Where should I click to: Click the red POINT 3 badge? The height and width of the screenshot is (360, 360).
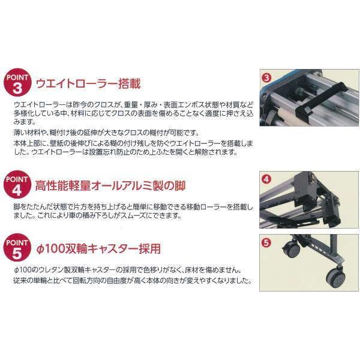pyautogui.click(x=17, y=82)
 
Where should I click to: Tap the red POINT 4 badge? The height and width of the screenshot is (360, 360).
pyautogui.click(x=17, y=184)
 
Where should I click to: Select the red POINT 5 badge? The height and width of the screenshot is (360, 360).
pyautogui.click(x=17, y=247)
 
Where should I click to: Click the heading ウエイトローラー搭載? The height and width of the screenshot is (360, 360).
pyautogui.click(x=88, y=83)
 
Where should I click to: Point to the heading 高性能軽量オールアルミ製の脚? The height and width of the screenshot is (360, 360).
pyautogui.click(x=110, y=185)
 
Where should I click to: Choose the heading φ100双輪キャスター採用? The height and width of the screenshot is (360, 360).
pyautogui.click(x=98, y=248)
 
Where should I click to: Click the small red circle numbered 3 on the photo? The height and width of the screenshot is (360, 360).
pyautogui.click(x=266, y=78)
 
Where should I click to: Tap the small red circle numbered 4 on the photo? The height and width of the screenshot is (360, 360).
pyautogui.click(x=266, y=179)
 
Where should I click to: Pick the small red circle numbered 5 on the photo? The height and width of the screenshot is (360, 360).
pyautogui.click(x=266, y=242)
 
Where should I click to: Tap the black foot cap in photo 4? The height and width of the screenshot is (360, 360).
pyautogui.click(x=332, y=220)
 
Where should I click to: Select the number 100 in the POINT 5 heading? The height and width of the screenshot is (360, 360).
pyautogui.click(x=54, y=249)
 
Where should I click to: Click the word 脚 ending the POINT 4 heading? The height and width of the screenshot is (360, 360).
pyautogui.click(x=180, y=185)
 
